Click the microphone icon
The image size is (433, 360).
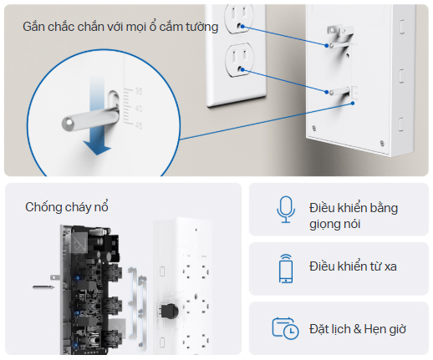point(286,210)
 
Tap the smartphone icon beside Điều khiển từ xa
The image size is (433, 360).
point(286,268)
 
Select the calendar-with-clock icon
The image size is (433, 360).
point(285,328)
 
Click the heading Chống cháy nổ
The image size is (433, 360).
point(67,207)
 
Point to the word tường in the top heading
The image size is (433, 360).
point(202,28)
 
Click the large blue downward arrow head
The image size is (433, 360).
point(97,148)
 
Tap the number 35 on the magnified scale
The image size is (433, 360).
point(139,91)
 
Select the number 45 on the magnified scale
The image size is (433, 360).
point(139,125)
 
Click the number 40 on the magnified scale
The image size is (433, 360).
point(139,109)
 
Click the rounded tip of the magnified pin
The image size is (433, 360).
point(68,124)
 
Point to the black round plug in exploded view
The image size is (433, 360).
point(169,311)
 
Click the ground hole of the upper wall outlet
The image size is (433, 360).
point(239,26)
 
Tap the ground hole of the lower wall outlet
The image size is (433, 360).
point(239,69)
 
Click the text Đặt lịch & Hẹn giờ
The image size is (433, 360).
point(358,329)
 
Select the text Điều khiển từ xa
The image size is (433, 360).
point(353,266)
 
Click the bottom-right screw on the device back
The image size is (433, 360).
point(382,143)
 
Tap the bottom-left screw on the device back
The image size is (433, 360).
point(314,128)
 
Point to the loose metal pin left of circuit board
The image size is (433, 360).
point(43,287)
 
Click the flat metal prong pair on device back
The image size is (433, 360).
point(340,31)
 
